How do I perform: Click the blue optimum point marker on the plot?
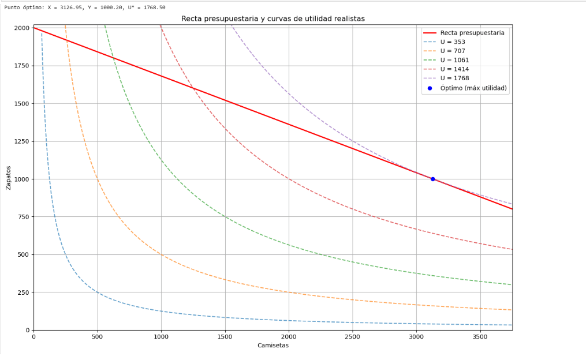[432, 179]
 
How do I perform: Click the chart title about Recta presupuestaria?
[273, 19]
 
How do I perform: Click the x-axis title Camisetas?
[273, 346]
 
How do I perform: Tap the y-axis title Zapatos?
[9, 179]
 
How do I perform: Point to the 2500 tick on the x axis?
[352, 336]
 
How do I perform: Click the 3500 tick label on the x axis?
[480, 336]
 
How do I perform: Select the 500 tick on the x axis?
[97, 336]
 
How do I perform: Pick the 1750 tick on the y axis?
[21, 66]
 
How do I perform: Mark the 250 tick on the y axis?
[23, 292]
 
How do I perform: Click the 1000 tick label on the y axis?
[21, 179]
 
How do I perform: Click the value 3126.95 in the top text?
[72, 7]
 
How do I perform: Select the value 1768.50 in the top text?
[154, 7]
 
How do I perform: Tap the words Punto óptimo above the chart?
[23, 7]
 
